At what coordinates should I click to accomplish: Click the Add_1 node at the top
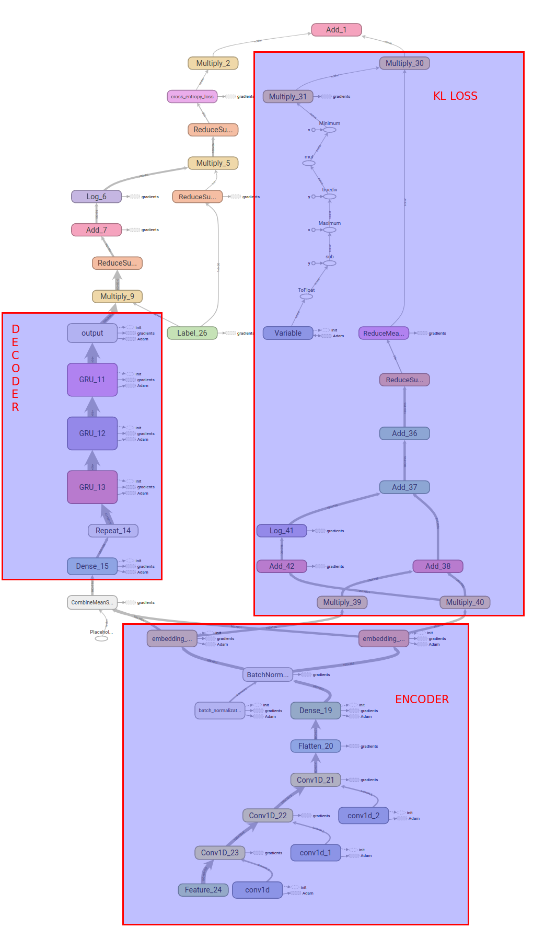click(336, 30)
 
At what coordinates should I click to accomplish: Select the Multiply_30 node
click(404, 63)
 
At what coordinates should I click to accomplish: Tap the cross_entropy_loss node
click(192, 97)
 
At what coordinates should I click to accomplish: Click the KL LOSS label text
click(455, 96)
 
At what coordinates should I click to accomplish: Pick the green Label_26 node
click(192, 333)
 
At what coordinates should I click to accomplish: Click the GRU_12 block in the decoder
click(92, 433)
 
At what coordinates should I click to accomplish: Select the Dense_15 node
click(92, 566)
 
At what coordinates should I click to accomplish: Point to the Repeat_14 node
click(113, 531)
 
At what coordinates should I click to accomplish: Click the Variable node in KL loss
click(288, 333)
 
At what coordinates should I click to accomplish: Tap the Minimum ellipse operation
click(330, 130)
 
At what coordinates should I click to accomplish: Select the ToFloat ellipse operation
click(306, 296)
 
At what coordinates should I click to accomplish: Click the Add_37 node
click(404, 487)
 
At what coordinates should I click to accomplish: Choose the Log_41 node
click(282, 531)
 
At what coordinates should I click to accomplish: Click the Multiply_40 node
click(465, 602)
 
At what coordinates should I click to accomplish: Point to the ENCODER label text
click(422, 700)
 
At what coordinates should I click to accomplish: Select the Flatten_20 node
click(315, 746)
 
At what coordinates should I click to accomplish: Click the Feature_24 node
click(203, 890)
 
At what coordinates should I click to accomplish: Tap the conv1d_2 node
click(363, 816)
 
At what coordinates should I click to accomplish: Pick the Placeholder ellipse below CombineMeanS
click(101, 638)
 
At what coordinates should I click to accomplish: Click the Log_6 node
click(96, 197)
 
